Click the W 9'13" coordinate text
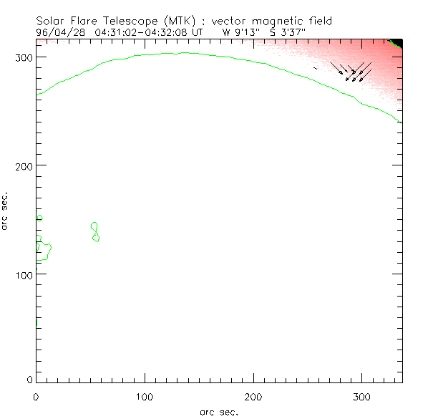(x=243, y=32)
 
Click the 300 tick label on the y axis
(x=23, y=57)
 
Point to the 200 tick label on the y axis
(x=23, y=165)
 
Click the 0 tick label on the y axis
(x=29, y=379)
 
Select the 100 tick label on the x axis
(x=145, y=396)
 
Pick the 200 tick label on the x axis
(x=253, y=396)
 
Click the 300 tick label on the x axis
(x=362, y=396)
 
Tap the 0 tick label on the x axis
(x=36, y=396)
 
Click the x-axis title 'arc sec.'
(x=219, y=412)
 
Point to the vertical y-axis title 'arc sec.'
(x=6, y=211)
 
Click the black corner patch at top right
(x=398, y=42)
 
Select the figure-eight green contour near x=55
(x=95, y=232)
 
